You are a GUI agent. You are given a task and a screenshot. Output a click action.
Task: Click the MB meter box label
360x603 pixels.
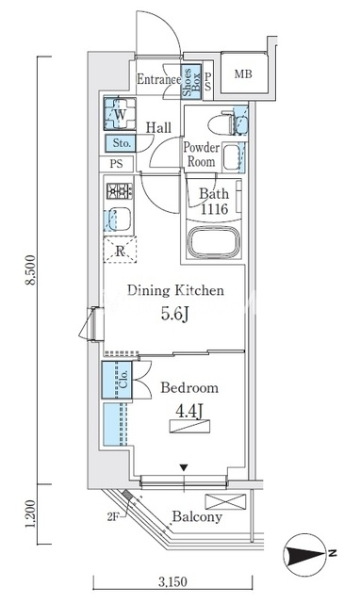243,73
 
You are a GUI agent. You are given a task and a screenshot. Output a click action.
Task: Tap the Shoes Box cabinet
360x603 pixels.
191,82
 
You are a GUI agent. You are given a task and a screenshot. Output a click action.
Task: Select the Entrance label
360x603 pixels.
159,79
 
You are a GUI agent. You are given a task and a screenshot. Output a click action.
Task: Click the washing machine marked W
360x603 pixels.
120,113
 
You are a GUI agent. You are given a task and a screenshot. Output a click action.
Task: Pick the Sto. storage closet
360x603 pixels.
121,143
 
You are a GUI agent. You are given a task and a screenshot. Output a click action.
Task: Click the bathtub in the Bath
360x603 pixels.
214,243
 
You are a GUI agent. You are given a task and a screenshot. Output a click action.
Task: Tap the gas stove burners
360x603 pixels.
120,190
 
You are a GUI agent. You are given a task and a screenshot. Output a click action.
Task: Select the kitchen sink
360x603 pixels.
120,219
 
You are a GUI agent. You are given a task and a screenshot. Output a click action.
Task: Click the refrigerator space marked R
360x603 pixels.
120,251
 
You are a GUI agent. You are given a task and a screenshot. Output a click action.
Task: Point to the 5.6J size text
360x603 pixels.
175,314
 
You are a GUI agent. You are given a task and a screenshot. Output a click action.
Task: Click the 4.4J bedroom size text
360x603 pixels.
189,412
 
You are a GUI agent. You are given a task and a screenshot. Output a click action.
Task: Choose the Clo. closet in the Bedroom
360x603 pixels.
117,379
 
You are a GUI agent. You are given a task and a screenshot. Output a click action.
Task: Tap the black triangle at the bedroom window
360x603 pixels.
184,468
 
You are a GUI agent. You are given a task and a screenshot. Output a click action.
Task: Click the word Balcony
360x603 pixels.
197,516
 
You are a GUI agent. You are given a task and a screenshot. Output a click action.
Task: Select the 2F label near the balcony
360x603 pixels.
113,517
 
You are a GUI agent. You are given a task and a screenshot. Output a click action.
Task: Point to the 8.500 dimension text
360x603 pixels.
31,270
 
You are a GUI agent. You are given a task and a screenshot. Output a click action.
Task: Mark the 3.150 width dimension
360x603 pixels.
173,581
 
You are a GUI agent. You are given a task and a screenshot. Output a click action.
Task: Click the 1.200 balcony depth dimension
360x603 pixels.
31,513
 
